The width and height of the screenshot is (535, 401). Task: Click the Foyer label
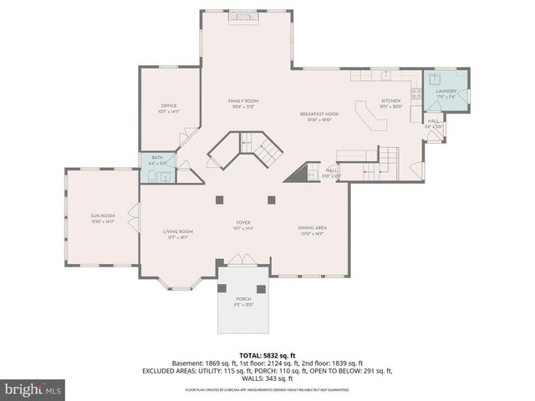pyautogui.click(x=243, y=224)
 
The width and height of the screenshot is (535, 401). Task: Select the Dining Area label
pyautogui.click(x=311, y=230)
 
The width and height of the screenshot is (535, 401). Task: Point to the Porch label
pyautogui.click(x=243, y=301)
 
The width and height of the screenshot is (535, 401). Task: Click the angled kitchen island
pyautogui.click(x=371, y=116)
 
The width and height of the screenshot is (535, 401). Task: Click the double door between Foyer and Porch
pyautogui.click(x=243, y=261)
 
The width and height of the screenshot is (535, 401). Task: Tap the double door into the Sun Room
pyautogui.click(x=135, y=215)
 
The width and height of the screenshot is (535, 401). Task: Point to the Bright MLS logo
pyautogui.click(x=33, y=389)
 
